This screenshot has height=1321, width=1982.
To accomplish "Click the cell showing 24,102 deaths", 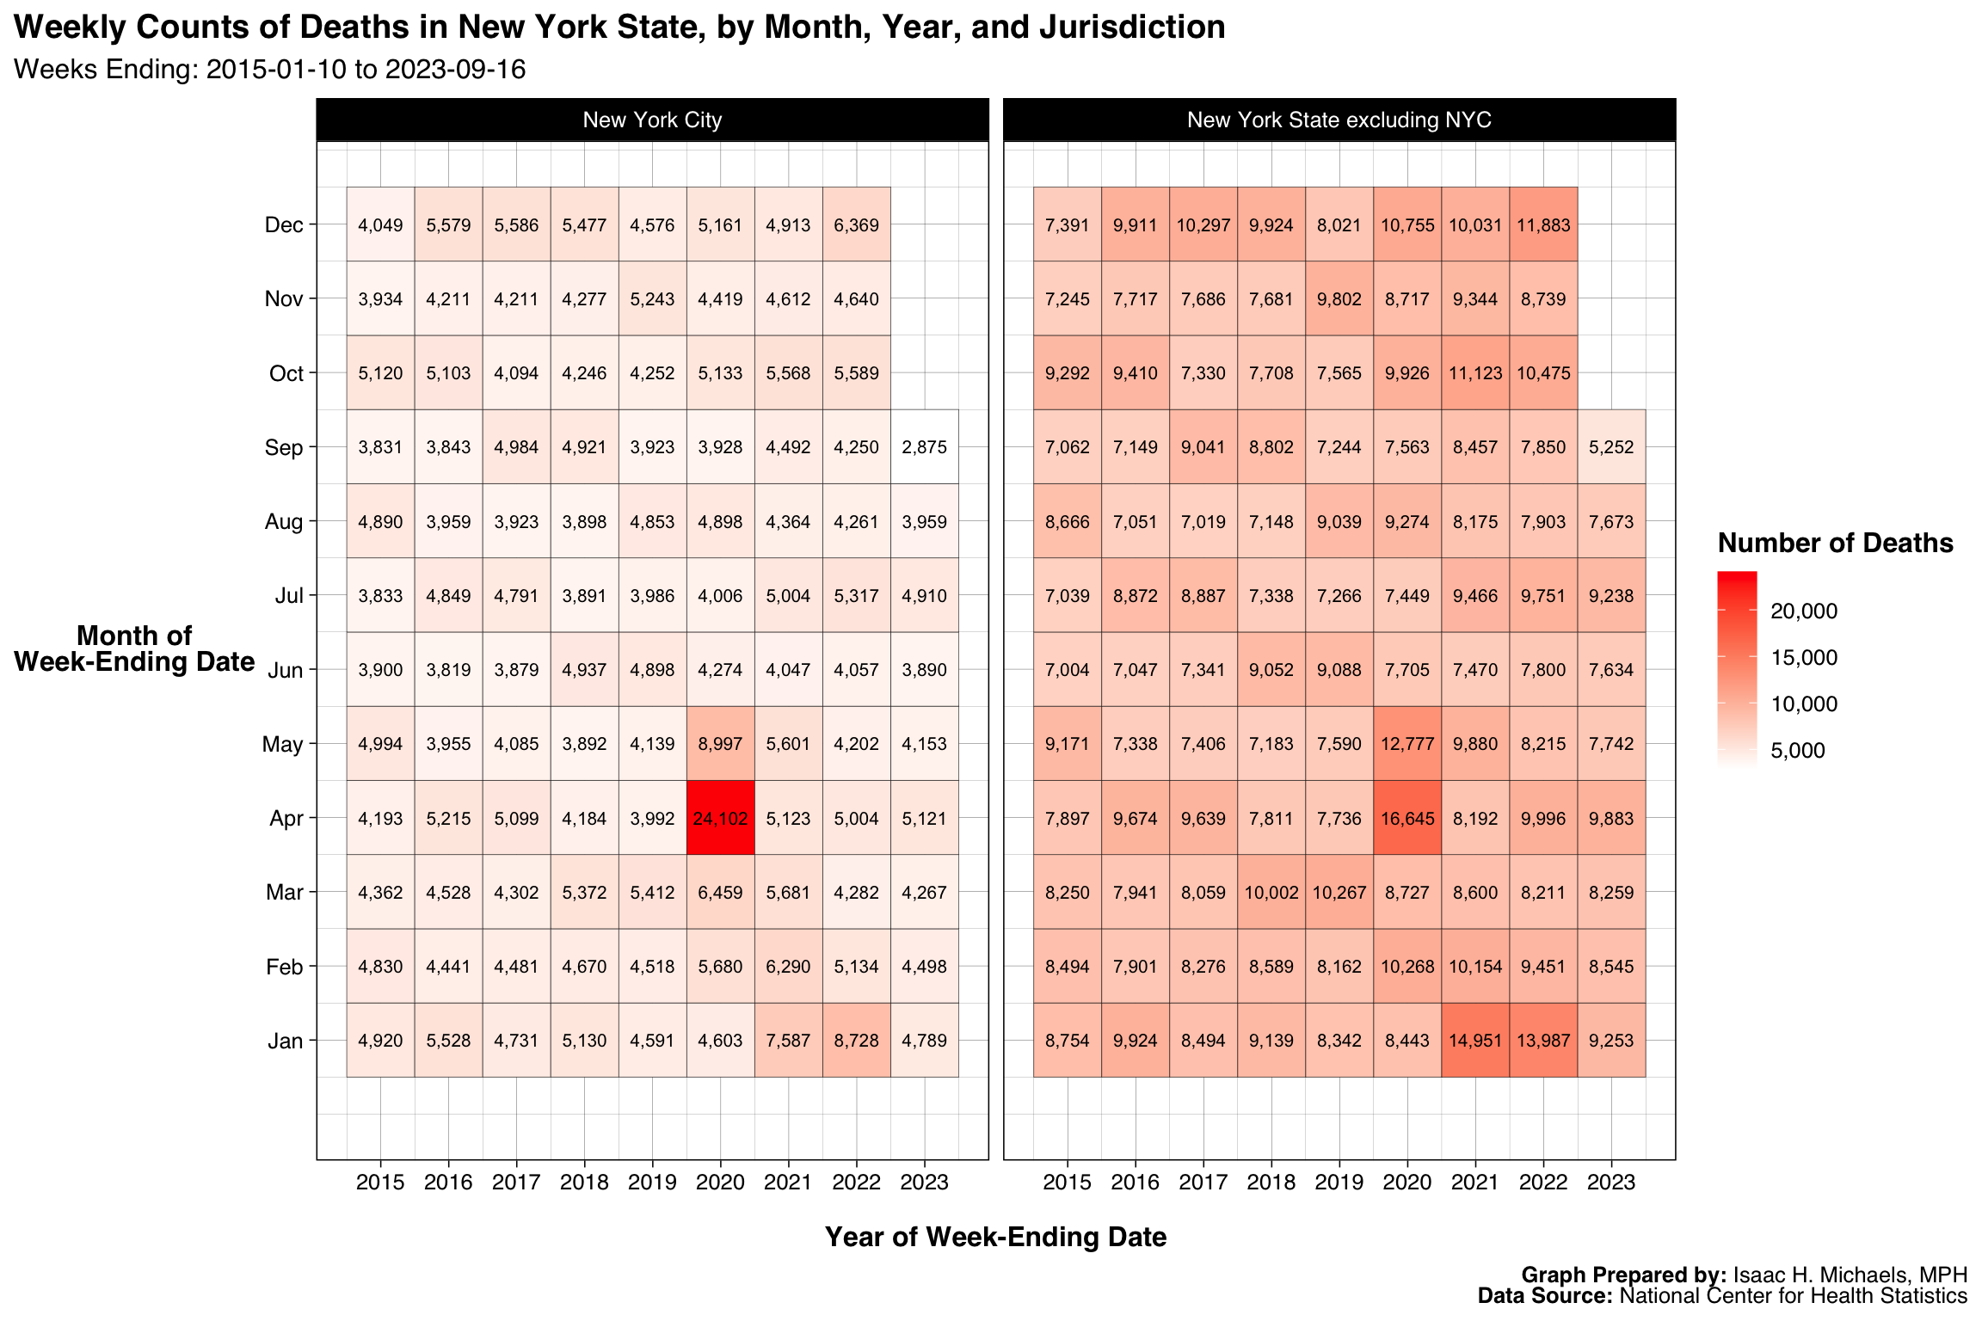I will pyautogui.click(x=720, y=818).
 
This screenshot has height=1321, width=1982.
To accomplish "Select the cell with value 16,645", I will pyautogui.click(x=1407, y=818).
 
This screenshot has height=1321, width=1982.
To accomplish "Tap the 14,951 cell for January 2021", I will pyautogui.click(x=1475, y=1041).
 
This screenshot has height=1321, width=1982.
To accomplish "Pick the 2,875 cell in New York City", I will pyautogui.click(x=925, y=447).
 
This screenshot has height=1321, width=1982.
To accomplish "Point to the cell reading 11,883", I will pyautogui.click(x=1543, y=225).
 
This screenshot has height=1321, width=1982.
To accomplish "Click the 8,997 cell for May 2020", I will pyautogui.click(x=720, y=744).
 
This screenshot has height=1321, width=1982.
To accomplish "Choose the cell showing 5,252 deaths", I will pyautogui.click(x=1611, y=447).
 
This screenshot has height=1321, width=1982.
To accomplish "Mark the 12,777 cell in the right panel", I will pyautogui.click(x=1407, y=744).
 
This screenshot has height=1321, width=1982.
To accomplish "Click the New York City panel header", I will pyautogui.click(x=652, y=120).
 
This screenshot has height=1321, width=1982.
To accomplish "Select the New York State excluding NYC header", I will pyautogui.click(x=1339, y=120).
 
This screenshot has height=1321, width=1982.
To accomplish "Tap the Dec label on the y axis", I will pyautogui.click(x=284, y=225).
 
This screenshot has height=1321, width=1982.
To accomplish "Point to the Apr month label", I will pyautogui.click(x=286, y=818).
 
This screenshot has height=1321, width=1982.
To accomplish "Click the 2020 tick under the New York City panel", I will pyautogui.click(x=720, y=1183).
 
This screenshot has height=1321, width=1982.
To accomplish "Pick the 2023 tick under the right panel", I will pyautogui.click(x=1611, y=1183).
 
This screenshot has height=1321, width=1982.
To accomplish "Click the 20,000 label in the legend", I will pyautogui.click(x=1804, y=611).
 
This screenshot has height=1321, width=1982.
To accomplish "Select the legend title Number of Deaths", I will pyautogui.click(x=1835, y=544).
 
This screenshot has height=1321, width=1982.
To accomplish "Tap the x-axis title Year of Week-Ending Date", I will pyautogui.click(x=995, y=1237).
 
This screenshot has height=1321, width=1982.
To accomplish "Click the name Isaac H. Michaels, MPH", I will pyautogui.click(x=1850, y=1275).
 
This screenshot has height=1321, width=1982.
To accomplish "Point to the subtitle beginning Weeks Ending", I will pyautogui.click(x=269, y=70).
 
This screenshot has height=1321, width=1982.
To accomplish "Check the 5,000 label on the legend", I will pyautogui.click(x=1798, y=751).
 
